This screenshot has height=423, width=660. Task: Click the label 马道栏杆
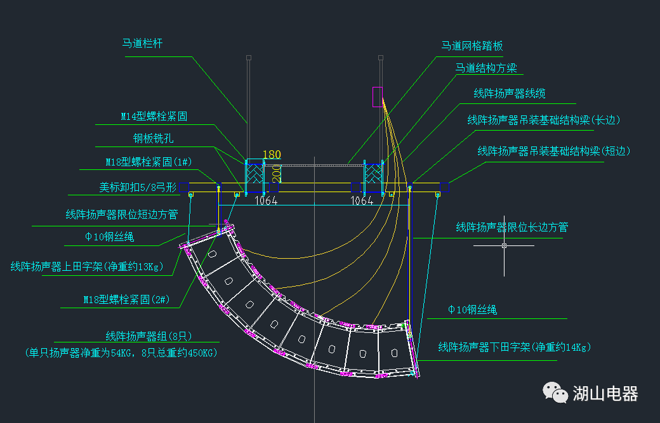(x=142, y=44)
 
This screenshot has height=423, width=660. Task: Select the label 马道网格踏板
(x=472, y=46)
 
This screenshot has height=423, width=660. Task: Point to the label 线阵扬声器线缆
(x=510, y=94)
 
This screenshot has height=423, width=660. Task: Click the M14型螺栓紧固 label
(x=154, y=117)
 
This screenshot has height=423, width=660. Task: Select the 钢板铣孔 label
(x=153, y=138)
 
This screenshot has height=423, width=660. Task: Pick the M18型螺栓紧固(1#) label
(x=148, y=162)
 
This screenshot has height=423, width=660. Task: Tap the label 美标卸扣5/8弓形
(x=134, y=188)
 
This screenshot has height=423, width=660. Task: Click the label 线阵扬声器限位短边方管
(x=121, y=215)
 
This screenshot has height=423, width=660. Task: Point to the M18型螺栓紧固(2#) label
(x=126, y=299)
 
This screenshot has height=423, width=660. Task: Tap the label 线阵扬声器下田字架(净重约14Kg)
(x=514, y=347)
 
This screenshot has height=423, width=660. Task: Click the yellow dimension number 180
(x=271, y=155)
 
